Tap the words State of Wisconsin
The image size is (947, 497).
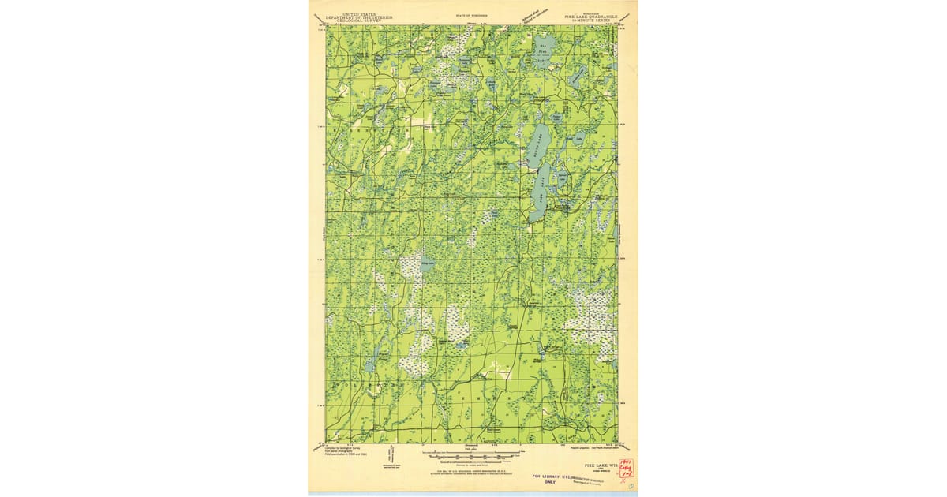tap(472, 15)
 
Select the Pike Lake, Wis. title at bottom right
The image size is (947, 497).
tap(595, 466)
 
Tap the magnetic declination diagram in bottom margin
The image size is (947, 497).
tap(392, 457)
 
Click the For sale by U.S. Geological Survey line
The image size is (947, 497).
tap(472, 471)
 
